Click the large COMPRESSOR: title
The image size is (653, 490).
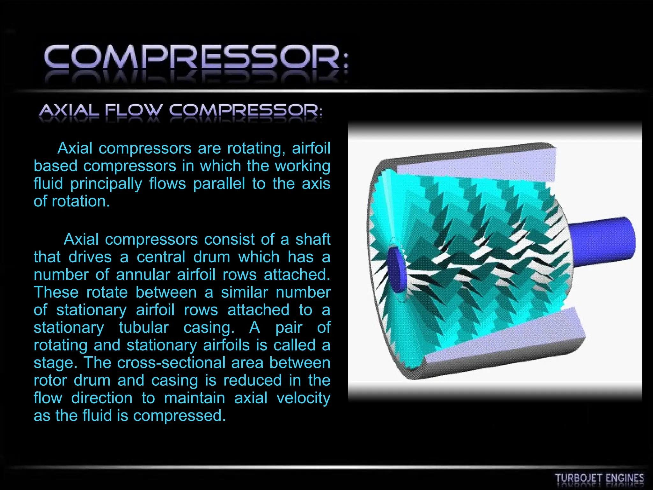coord(196,57)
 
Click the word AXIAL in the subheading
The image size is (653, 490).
coord(69,110)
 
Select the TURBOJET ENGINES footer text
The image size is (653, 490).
coord(599,478)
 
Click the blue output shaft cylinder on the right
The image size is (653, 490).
coord(603,241)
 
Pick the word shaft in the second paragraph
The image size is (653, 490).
coord(313,240)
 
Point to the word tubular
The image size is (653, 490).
coord(143,328)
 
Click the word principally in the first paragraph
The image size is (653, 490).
coord(106,184)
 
